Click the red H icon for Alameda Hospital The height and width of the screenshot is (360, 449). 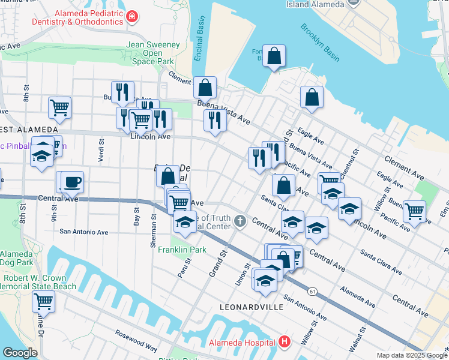[x=285, y=343]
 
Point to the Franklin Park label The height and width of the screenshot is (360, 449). [x=182, y=250]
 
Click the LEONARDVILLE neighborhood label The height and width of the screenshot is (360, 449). [x=251, y=307]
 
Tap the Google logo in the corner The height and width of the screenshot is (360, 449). [x=20, y=353]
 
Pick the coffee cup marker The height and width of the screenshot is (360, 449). [x=73, y=181]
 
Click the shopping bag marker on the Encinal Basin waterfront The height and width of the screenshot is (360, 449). [x=205, y=88]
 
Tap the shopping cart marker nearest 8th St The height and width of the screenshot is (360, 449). [x=60, y=108]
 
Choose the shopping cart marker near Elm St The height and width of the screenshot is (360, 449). [x=414, y=211]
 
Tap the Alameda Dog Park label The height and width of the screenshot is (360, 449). [x=17, y=258]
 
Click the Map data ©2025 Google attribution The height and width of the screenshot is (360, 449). [x=412, y=355]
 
